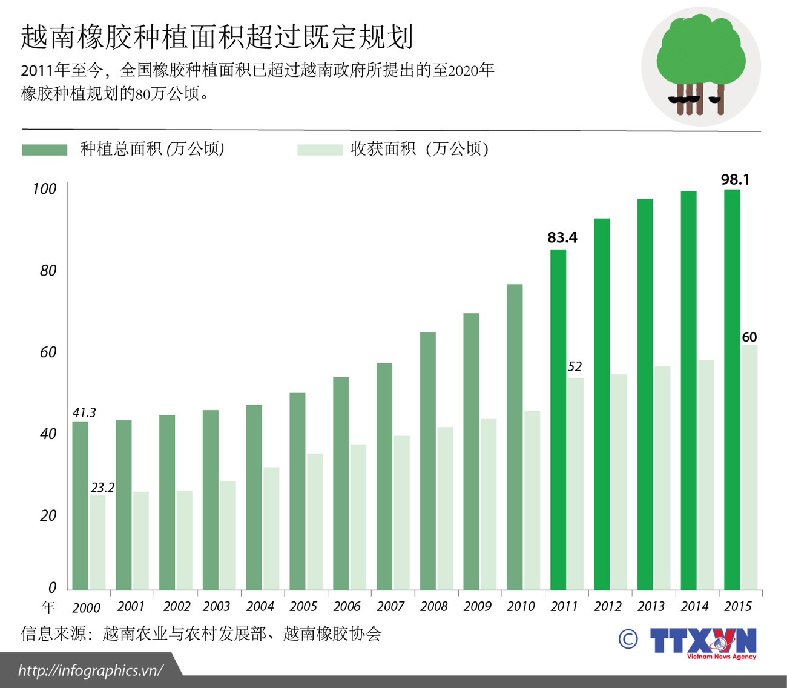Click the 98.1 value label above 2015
point(735,179)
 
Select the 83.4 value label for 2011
point(562,237)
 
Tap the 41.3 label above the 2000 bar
point(84,412)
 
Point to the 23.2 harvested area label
point(102,488)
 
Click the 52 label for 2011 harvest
point(575,366)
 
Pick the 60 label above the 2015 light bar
point(749,337)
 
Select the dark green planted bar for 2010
point(515,436)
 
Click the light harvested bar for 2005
point(314,521)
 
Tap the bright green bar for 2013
point(645,394)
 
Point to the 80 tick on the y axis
point(48,271)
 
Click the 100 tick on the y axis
point(44,189)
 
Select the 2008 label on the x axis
point(433,606)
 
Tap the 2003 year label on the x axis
point(216,606)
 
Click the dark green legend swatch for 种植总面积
point(44,150)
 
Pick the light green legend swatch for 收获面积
point(320,150)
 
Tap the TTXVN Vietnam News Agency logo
point(702,642)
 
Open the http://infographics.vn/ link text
point(91,670)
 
